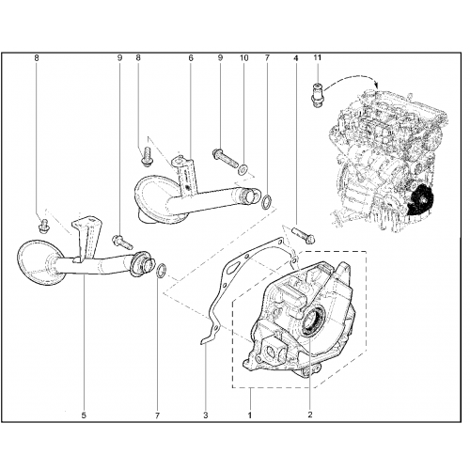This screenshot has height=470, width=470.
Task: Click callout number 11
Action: (318, 57)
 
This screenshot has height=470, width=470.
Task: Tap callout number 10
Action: (243, 58)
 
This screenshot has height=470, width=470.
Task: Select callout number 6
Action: (191, 58)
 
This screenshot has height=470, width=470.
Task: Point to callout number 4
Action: (296, 58)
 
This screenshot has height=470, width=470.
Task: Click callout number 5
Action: (84, 415)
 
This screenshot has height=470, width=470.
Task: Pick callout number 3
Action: (206, 415)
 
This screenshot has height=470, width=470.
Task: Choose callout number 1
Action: (250, 415)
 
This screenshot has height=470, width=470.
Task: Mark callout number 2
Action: (310, 415)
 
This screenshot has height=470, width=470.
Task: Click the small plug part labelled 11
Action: (318, 94)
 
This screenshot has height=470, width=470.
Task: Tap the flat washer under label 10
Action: (243, 170)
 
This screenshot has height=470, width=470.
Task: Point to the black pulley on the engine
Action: (421, 199)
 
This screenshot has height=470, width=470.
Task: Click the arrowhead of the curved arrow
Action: (377, 85)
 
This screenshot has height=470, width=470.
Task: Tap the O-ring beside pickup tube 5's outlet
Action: (161, 272)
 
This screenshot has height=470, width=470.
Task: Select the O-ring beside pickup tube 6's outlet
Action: (267, 202)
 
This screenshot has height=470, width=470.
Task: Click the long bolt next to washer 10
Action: (225, 159)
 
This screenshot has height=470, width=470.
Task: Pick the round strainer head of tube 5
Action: (39, 262)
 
